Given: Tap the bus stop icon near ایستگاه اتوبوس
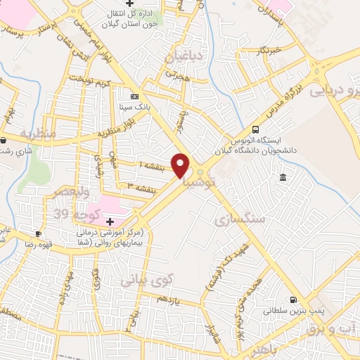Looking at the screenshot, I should point(255,129).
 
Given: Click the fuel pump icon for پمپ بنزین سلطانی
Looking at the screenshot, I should point(292,299).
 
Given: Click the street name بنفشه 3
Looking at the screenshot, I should point(141,186).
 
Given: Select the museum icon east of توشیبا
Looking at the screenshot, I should point(283,176).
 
